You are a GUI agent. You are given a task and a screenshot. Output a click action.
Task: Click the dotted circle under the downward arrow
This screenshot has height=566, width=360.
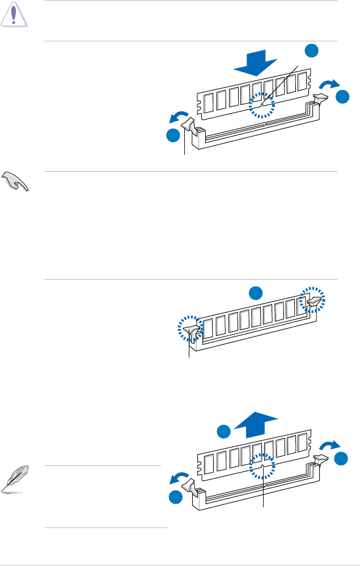pos(262,106)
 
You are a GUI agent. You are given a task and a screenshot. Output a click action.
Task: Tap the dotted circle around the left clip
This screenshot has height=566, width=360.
pos(190,328)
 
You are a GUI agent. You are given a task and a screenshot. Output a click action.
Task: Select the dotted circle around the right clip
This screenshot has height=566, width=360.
pos(312,299)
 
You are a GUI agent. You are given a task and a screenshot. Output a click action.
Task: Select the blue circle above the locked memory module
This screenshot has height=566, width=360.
pos(256,292)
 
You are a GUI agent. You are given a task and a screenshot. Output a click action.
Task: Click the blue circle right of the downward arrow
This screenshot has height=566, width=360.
pos(311,50)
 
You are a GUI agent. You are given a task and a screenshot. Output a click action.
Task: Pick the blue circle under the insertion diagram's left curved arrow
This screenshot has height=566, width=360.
pos(173,136)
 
